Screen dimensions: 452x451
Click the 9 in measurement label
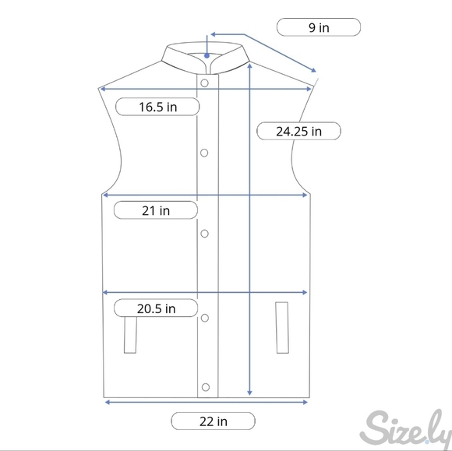(x=319, y=27)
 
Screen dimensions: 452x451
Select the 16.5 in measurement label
(x=157, y=107)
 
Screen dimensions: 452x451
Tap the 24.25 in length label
(x=298, y=131)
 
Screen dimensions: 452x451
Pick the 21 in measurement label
(x=156, y=210)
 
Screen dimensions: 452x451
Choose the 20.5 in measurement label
(x=156, y=308)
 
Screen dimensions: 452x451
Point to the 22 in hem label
(x=214, y=421)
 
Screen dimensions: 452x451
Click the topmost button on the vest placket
(x=204, y=83)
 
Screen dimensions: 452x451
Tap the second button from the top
(x=204, y=153)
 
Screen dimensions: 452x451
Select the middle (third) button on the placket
(x=204, y=234)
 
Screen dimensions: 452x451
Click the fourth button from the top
(x=205, y=318)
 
